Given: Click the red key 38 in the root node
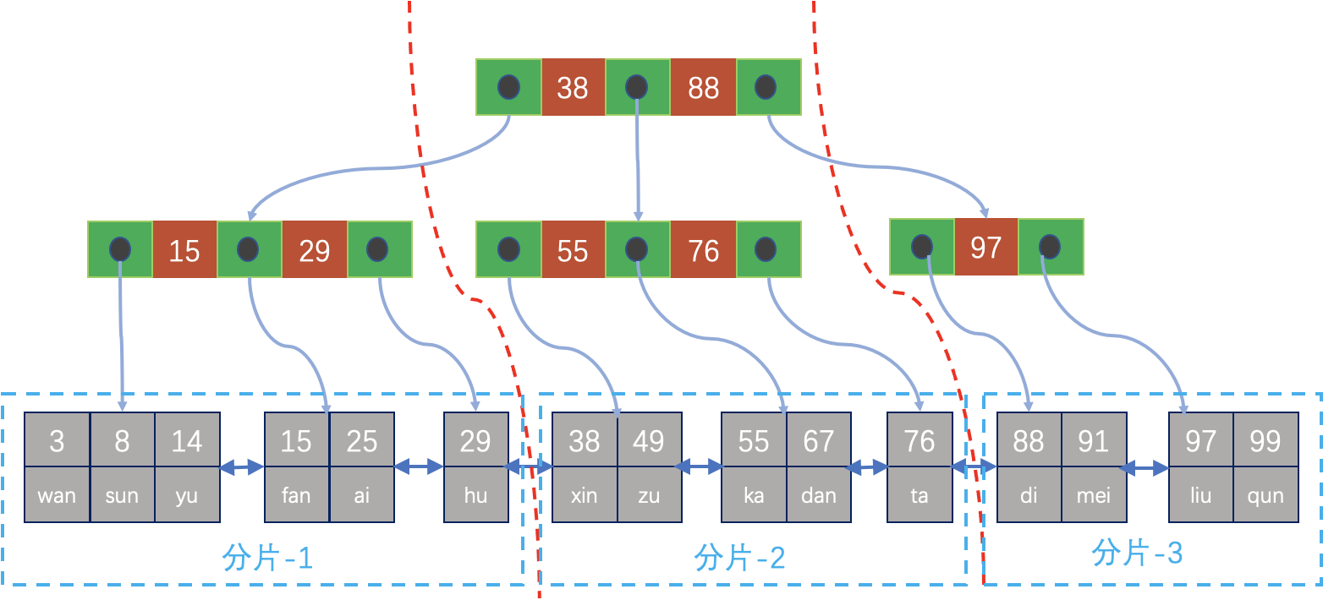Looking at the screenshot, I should pos(573,87).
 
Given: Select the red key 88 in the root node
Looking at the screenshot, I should pos(703,87).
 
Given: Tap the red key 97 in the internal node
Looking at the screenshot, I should pos(985,247).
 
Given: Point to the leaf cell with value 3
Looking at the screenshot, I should pos(57,440).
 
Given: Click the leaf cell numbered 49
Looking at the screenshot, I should pos(649,440).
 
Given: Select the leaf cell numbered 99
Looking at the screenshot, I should pos(1265,440).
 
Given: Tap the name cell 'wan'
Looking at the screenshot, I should pos(57,495).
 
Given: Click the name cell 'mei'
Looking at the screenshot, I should pos(1094,495).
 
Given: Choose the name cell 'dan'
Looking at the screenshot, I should pos(818,495).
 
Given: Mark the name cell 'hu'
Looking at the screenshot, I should pos(475,495).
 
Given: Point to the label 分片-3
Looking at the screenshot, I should pos(1137,554).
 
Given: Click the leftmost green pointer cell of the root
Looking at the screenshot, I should pos(508,87).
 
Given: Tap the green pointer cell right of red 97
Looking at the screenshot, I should pos(1051,247).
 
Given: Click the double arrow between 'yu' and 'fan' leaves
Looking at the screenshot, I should pos(242,466).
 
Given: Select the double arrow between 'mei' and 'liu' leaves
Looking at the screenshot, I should pos(1148,466).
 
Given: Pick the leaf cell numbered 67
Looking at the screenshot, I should pos(818,440).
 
